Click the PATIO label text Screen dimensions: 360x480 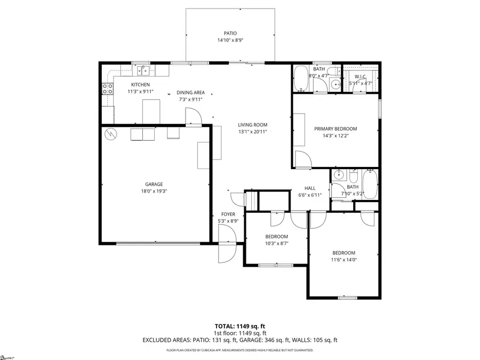230,33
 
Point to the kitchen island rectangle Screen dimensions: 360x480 150,110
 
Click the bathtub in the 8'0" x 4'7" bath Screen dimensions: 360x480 300,79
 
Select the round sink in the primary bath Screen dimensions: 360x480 335,84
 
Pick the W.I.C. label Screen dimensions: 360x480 360,77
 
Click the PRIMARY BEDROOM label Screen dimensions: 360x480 335,129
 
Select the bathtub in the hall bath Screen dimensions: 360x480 370,184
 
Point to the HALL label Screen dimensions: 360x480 310,188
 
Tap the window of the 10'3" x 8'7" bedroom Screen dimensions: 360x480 275,265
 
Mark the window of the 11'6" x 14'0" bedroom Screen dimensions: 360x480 347,298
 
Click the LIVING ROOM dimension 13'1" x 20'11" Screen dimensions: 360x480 252,132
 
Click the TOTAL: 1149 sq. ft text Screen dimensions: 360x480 239,325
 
